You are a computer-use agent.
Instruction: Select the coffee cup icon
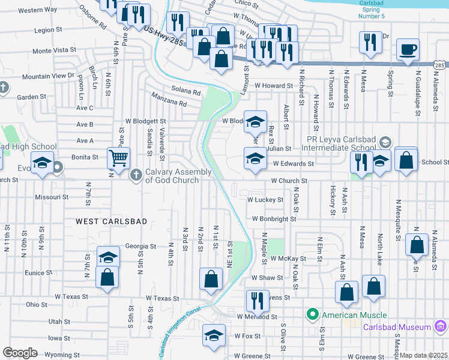point(408,50)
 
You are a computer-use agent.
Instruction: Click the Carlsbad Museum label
point(397,327)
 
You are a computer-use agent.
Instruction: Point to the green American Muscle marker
point(312,314)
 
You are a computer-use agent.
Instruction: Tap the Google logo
point(20,353)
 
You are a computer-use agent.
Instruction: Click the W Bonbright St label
point(274,220)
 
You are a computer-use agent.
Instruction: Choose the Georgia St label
point(140,246)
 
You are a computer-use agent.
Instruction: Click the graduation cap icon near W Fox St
point(214,336)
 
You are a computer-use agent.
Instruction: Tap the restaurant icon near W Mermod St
point(257,301)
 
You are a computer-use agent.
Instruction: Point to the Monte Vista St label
point(55,51)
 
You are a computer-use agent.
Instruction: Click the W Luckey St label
point(265,200)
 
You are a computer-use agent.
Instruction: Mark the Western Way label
point(38,10)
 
